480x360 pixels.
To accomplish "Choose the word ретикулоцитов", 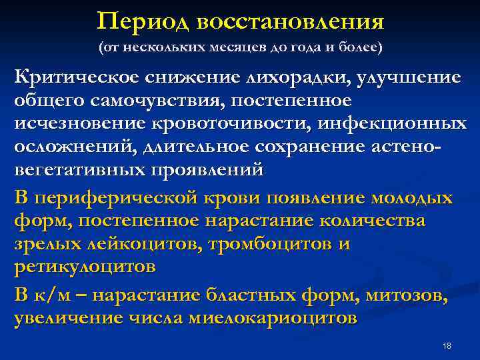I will pos(85,267).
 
